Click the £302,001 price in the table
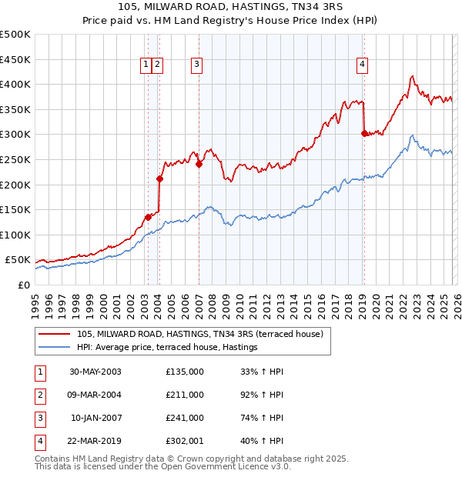(184, 442)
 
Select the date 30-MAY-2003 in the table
(95, 372)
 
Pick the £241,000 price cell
(184, 419)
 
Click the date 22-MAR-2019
(95, 442)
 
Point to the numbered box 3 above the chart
(196, 65)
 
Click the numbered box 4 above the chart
(361, 65)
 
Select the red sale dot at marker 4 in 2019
(364, 133)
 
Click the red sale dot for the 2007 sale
(199, 164)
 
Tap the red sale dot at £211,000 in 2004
(159, 179)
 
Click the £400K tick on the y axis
(15, 85)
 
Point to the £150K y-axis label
(15, 209)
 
